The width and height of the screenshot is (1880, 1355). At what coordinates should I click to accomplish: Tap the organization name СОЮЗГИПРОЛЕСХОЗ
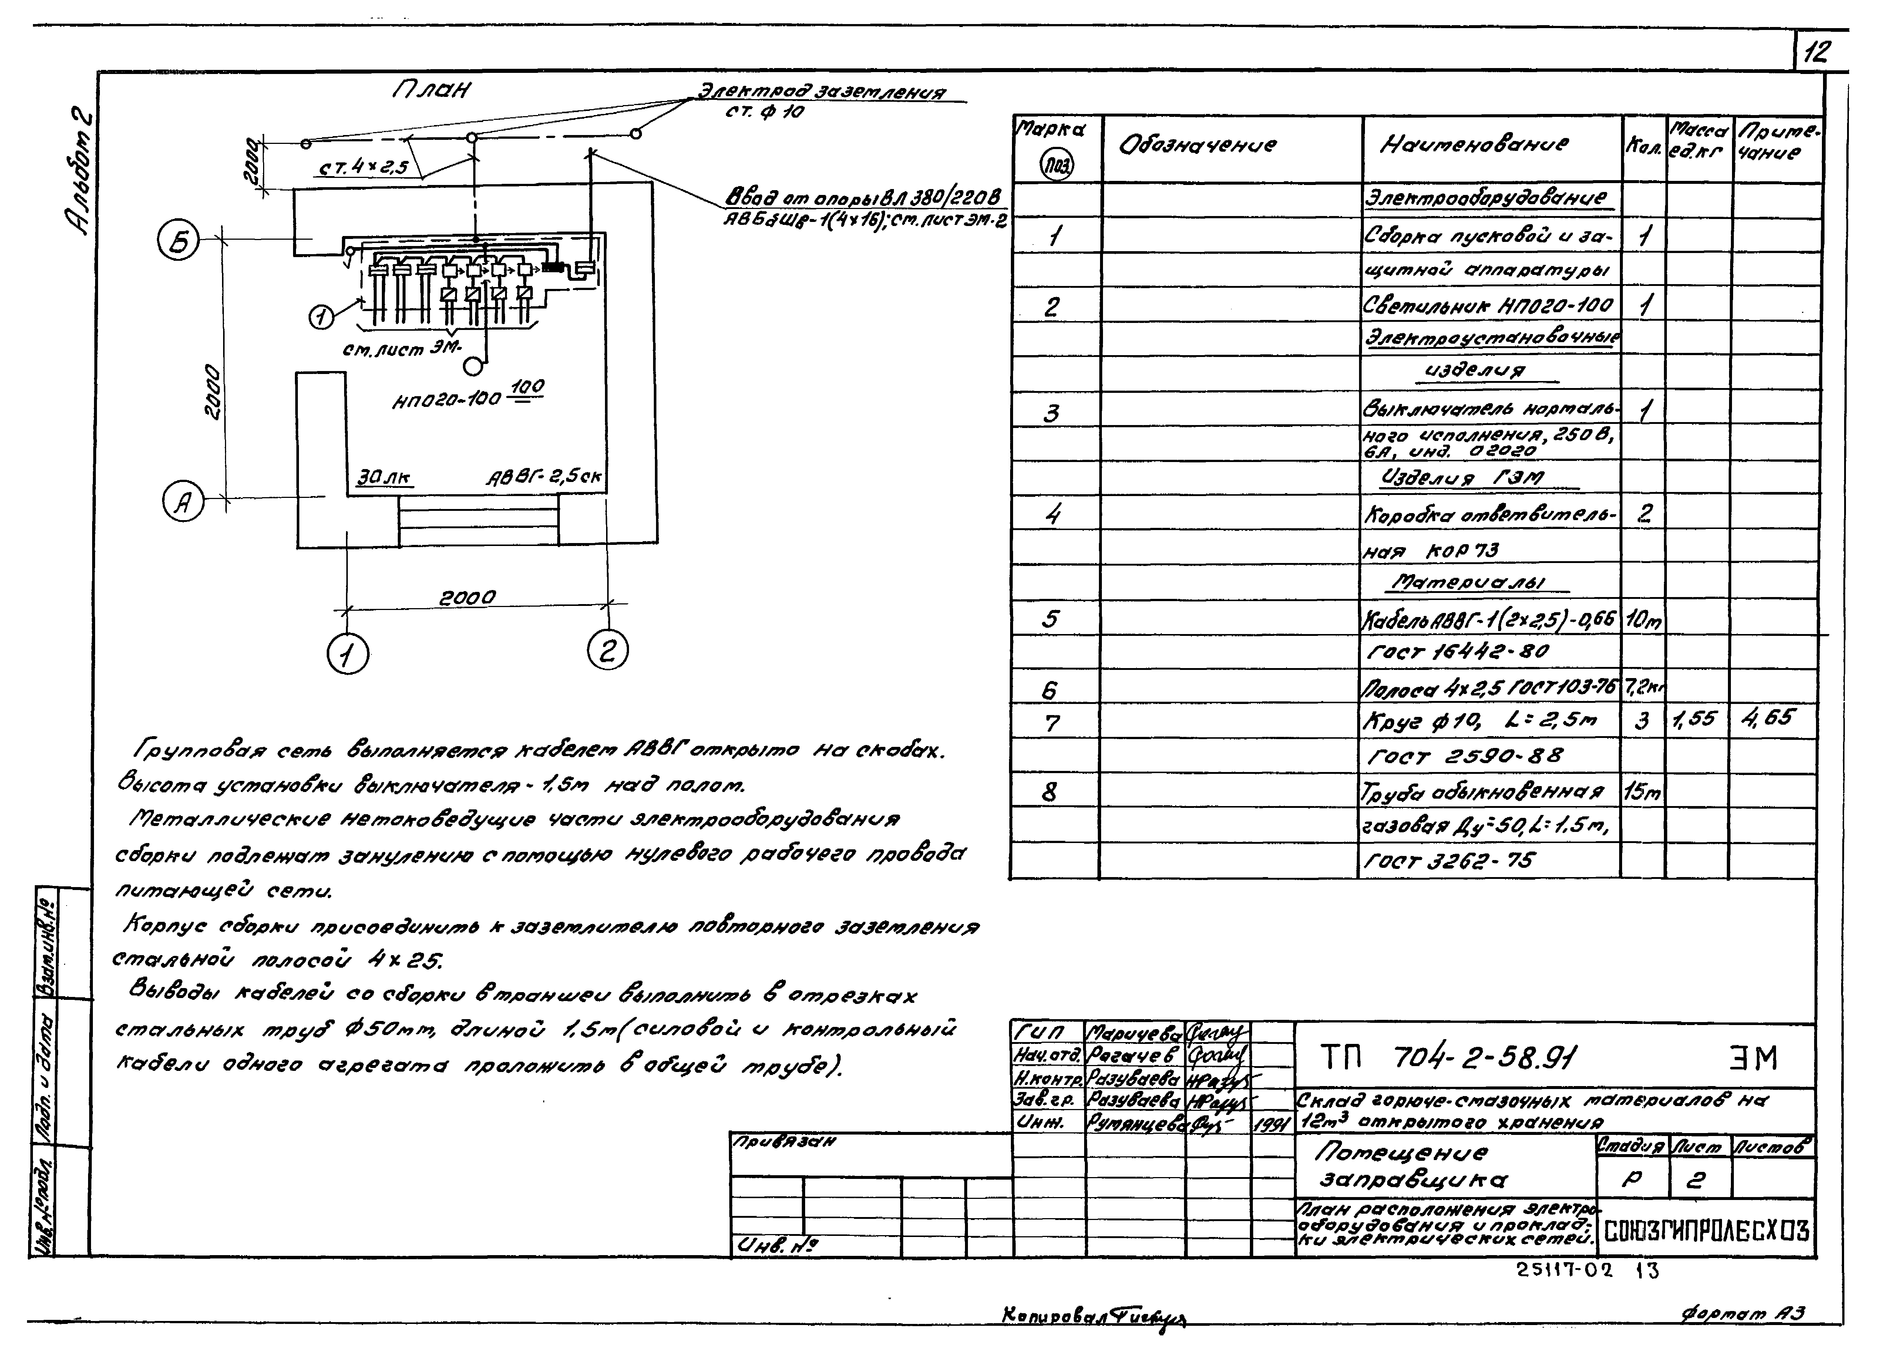[x=1706, y=1231]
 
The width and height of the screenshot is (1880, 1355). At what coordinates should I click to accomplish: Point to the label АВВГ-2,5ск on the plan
[x=544, y=478]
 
